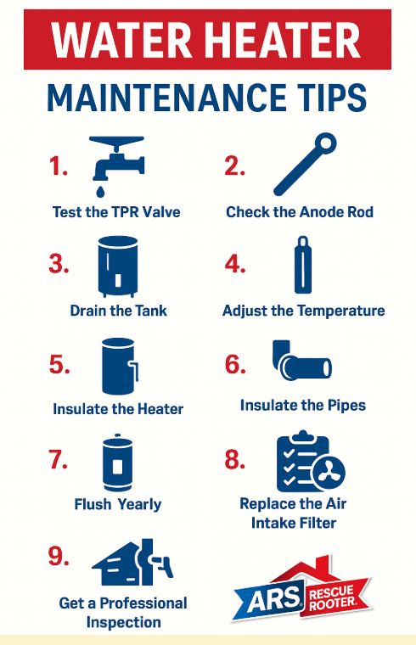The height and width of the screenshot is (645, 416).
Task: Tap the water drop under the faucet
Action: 100,191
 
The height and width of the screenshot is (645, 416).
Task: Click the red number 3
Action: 58,264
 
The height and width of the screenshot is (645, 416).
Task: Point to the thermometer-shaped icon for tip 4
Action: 302,265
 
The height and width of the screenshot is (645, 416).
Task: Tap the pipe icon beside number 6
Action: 301,360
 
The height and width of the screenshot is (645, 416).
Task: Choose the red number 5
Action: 59,364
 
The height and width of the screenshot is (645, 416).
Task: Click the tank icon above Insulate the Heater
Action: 120,366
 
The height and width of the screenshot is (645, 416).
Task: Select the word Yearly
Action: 139,504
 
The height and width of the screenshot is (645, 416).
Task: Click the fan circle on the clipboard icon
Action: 329,471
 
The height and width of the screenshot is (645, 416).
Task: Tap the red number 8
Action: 235,459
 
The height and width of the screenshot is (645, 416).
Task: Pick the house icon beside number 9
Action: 132,562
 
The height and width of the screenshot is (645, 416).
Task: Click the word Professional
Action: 143,603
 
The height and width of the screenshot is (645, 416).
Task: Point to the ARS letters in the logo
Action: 274,597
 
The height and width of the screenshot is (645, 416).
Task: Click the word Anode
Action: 317,212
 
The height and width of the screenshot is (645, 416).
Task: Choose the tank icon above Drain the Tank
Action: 118,266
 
